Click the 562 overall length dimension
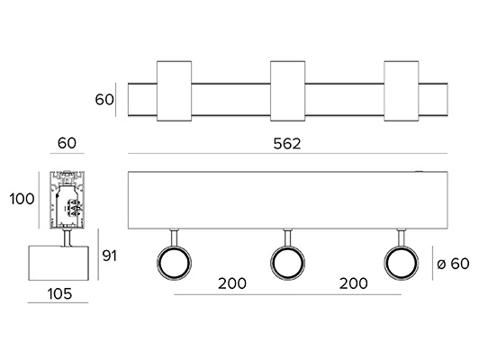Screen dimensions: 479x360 (287, 143)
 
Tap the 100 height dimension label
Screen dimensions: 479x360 (22, 199)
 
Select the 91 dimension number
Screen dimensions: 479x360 (109, 256)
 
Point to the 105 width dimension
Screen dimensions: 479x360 (59, 293)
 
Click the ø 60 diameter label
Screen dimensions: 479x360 (453, 264)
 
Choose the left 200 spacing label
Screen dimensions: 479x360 (232, 283)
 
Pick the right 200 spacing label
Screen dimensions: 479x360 (354, 283)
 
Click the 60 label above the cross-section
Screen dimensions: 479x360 (67, 143)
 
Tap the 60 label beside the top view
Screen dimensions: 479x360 (104, 100)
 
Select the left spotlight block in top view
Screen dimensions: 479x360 (174, 91)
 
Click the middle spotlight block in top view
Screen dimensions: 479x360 (287, 91)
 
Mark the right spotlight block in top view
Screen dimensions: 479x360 (401, 91)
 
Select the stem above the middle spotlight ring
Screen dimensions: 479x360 (287, 238)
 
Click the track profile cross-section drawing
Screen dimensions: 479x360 (67, 200)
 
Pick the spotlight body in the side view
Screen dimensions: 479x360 (59, 263)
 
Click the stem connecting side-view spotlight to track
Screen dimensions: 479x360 (67, 237)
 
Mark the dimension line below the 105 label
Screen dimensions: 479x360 (58, 303)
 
